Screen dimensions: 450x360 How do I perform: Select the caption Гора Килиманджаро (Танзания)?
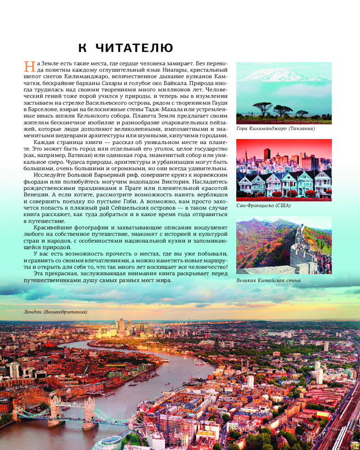point(275,129)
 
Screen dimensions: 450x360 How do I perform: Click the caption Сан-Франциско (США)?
point(263,206)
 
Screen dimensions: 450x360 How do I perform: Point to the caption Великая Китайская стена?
point(268,280)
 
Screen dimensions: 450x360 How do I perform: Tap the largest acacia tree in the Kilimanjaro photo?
point(261,107)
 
